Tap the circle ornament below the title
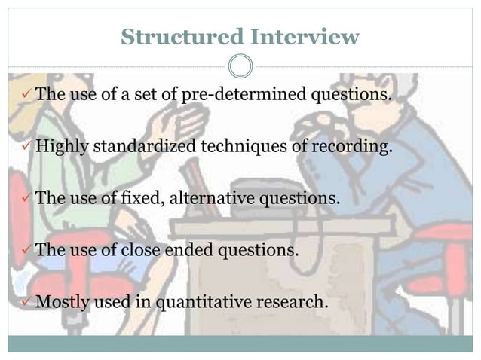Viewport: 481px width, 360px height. coord(240,66)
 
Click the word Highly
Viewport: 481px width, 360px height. coord(62,146)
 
